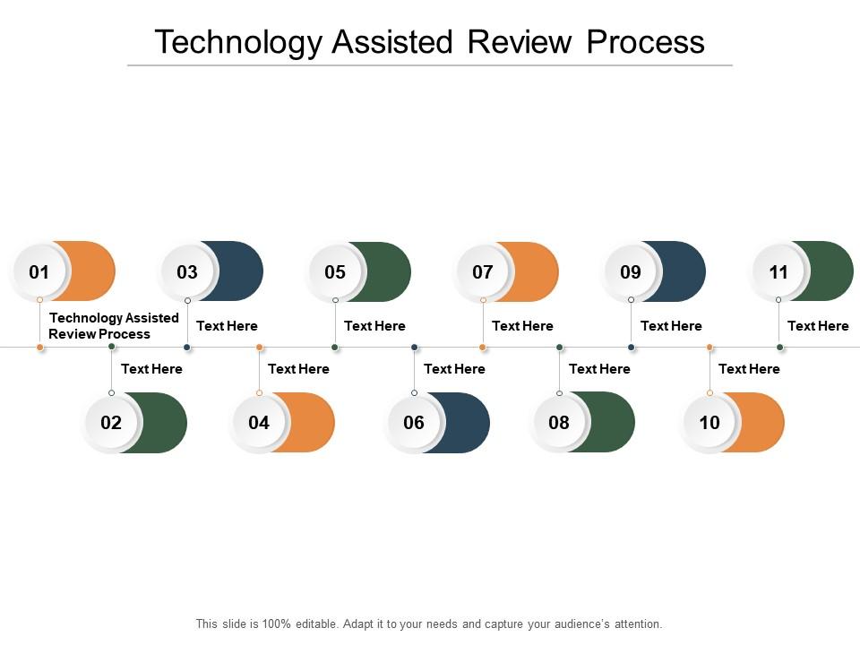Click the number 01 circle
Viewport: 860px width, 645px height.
click(x=39, y=271)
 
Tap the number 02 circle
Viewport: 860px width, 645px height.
click(x=111, y=423)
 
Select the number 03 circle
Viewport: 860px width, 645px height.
click(x=187, y=271)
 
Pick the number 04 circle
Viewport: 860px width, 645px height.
click(x=259, y=423)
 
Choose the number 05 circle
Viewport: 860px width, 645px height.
click(x=335, y=271)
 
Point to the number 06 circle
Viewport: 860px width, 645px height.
click(x=414, y=423)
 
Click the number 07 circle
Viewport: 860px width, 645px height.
click(x=483, y=271)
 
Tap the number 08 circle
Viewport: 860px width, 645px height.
click(x=559, y=423)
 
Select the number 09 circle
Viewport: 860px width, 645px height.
click(x=631, y=271)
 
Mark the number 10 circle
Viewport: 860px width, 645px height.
click(x=709, y=423)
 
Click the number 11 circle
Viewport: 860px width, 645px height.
click(x=778, y=271)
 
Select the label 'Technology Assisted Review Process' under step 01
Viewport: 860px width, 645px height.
click(x=114, y=325)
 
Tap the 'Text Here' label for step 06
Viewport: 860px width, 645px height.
click(x=454, y=368)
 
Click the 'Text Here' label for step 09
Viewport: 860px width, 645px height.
click(x=671, y=326)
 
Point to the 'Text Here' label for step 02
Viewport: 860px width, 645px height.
click(x=151, y=368)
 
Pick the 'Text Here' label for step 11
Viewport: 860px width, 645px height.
click(x=818, y=326)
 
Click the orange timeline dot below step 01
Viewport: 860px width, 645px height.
click(x=39, y=347)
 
